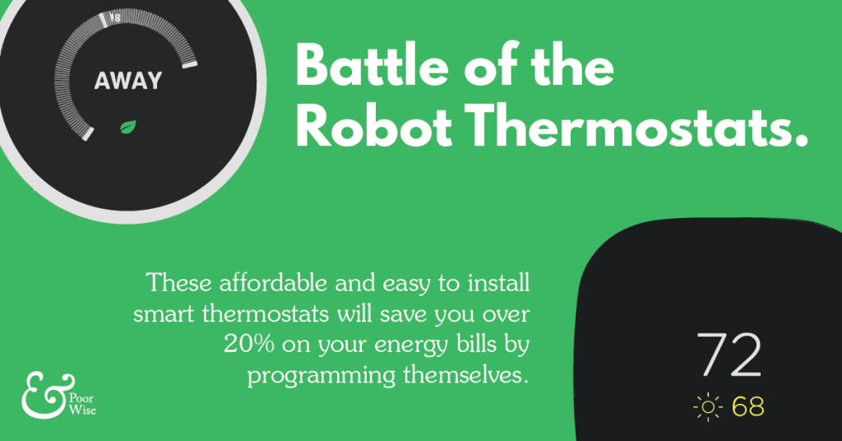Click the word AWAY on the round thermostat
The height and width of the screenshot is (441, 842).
(127, 81)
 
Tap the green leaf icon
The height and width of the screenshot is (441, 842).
(128, 126)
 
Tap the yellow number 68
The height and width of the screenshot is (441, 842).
(748, 406)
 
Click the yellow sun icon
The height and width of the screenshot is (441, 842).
(707, 406)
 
